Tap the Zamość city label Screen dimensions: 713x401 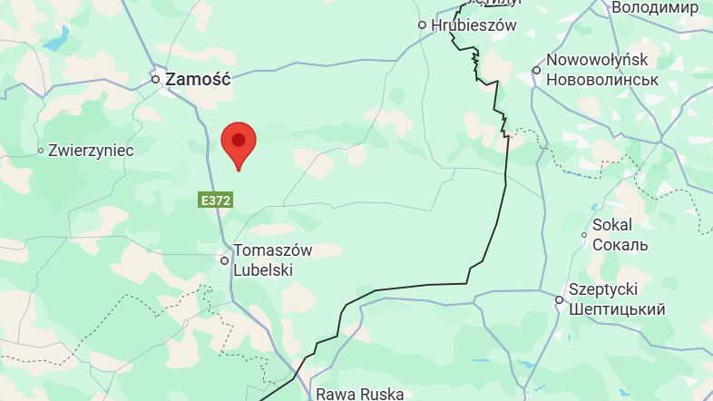(199, 79)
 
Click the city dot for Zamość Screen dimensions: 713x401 (156, 80)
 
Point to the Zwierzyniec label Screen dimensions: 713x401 (91, 151)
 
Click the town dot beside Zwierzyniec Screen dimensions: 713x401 (41, 151)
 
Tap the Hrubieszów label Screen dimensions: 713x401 (474, 25)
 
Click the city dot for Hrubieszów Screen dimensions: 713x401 (422, 25)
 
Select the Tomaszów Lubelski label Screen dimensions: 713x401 (273, 259)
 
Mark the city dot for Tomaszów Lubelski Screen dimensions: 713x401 (225, 260)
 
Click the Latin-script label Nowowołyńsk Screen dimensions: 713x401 (597, 60)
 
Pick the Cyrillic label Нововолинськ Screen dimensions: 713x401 (601, 79)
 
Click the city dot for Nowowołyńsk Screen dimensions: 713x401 (536, 70)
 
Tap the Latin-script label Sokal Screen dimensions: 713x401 (612, 225)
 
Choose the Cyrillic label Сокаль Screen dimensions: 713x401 (620, 245)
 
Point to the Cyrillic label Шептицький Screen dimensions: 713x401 (617, 309)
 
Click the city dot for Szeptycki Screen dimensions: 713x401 (560, 299)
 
